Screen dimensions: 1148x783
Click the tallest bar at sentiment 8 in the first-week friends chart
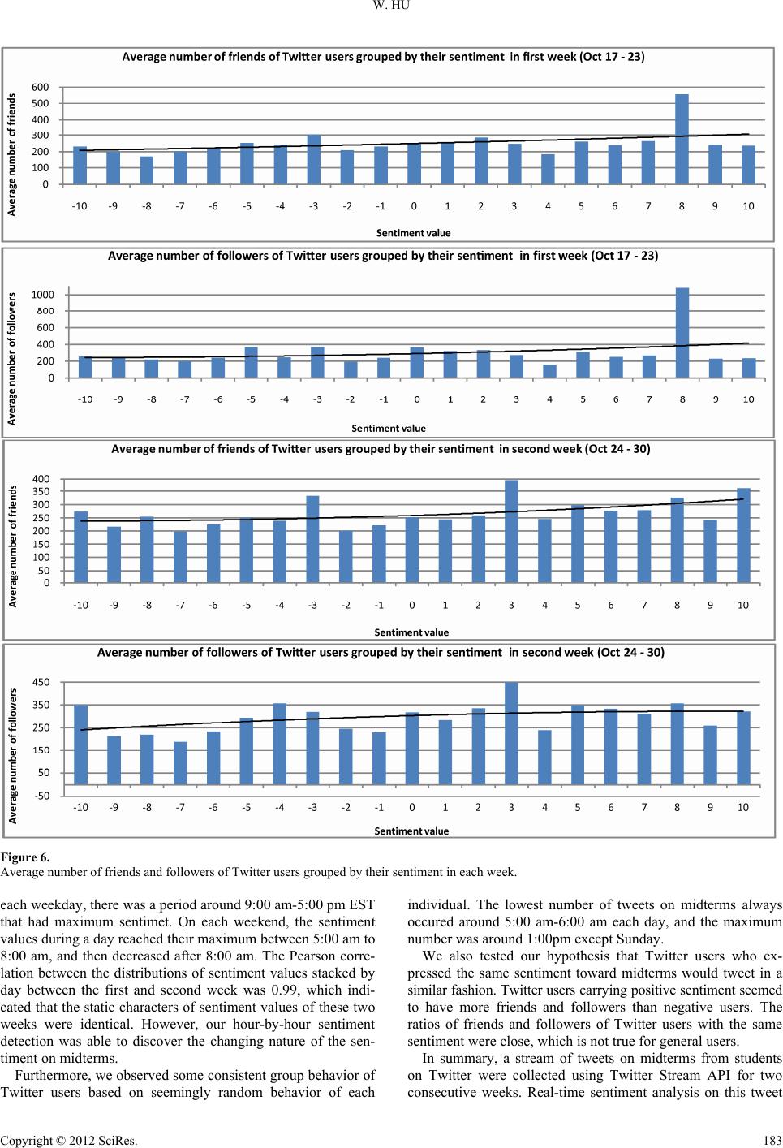pyautogui.click(x=682, y=140)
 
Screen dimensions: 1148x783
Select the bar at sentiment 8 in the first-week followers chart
pyautogui.click(x=682, y=333)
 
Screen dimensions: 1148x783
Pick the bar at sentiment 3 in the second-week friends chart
pyautogui.click(x=511, y=532)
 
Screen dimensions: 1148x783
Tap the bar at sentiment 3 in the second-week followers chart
pyautogui.click(x=511, y=733)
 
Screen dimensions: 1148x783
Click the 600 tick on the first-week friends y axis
pyautogui.click(x=41, y=87)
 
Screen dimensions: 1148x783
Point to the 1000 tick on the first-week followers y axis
pyautogui.click(x=43, y=295)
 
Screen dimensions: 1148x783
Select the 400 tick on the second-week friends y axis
pyautogui.click(x=41, y=479)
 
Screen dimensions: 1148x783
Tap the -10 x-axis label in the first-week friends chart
pyautogui.click(x=80, y=206)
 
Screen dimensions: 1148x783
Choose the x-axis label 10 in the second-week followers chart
pyautogui.click(x=743, y=807)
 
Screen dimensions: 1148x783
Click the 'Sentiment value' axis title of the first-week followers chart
pyautogui.click(x=389, y=428)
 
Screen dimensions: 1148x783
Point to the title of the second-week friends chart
pyautogui.click(x=381, y=448)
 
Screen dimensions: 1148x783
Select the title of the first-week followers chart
pyautogui.click(x=383, y=256)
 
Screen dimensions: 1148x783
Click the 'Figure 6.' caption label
pyautogui.click(x=25, y=857)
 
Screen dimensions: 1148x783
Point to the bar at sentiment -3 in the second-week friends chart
pyautogui.click(x=312, y=539)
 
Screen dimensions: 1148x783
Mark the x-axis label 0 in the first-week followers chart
pyautogui.click(x=417, y=399)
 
